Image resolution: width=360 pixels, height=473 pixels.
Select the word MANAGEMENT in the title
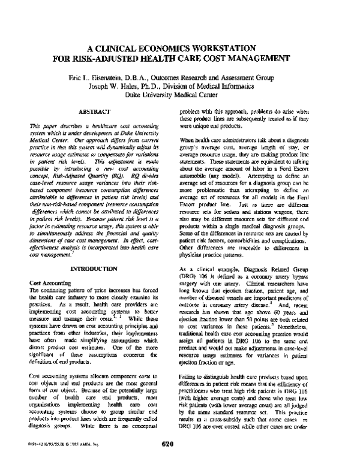click(x=260, y=59)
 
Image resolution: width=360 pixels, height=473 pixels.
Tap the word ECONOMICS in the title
click(x=170, y=49)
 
